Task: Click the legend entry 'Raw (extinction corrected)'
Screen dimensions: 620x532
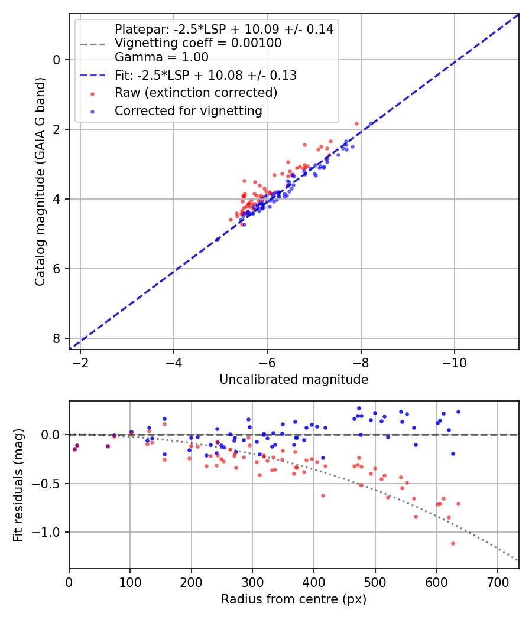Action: (x=196, y=93)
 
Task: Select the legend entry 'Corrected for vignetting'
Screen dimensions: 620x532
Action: (x=188, y=110)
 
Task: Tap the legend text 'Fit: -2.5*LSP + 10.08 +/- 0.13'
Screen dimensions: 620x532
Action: (x=206, y=75)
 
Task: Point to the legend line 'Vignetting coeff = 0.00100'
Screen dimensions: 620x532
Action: (x=198, y=43)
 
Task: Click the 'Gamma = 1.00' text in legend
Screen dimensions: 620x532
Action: (x=161, y=57)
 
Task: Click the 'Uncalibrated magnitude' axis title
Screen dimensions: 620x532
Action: (x=294, y=380)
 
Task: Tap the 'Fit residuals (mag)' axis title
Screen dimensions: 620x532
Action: (x=18, y=485)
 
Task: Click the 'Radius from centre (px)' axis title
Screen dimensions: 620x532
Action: (x=294, y=599)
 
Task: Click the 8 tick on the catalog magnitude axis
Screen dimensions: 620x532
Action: (x=57, y=338)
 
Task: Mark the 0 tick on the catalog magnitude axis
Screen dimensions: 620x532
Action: (x=57, y=60)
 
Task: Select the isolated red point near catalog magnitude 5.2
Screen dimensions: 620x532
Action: (x=217, y=239)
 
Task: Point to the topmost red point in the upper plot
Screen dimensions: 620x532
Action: (x=356, y=123)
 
